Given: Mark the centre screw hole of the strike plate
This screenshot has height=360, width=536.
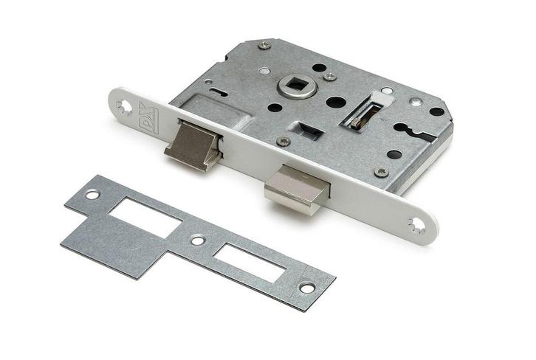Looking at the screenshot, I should pyautogui.click(x=197, y=240).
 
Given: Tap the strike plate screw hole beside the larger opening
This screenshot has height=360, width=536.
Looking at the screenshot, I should pyautogui.click(x=92, y=195).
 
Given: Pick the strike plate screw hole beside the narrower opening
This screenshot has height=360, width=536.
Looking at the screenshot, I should pyautogui.click(x=307, y=287).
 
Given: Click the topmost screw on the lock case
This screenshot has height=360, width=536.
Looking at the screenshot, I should pyautogui.click(x=264, y=46).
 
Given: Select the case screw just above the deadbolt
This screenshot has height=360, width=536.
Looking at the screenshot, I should pyautogui.click(x=283, y=141).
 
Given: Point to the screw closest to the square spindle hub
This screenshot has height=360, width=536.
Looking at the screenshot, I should pyautogui.click(x=329, y=76).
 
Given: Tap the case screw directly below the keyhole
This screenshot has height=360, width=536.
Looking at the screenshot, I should pyautogui.click(x=381, y=171).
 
